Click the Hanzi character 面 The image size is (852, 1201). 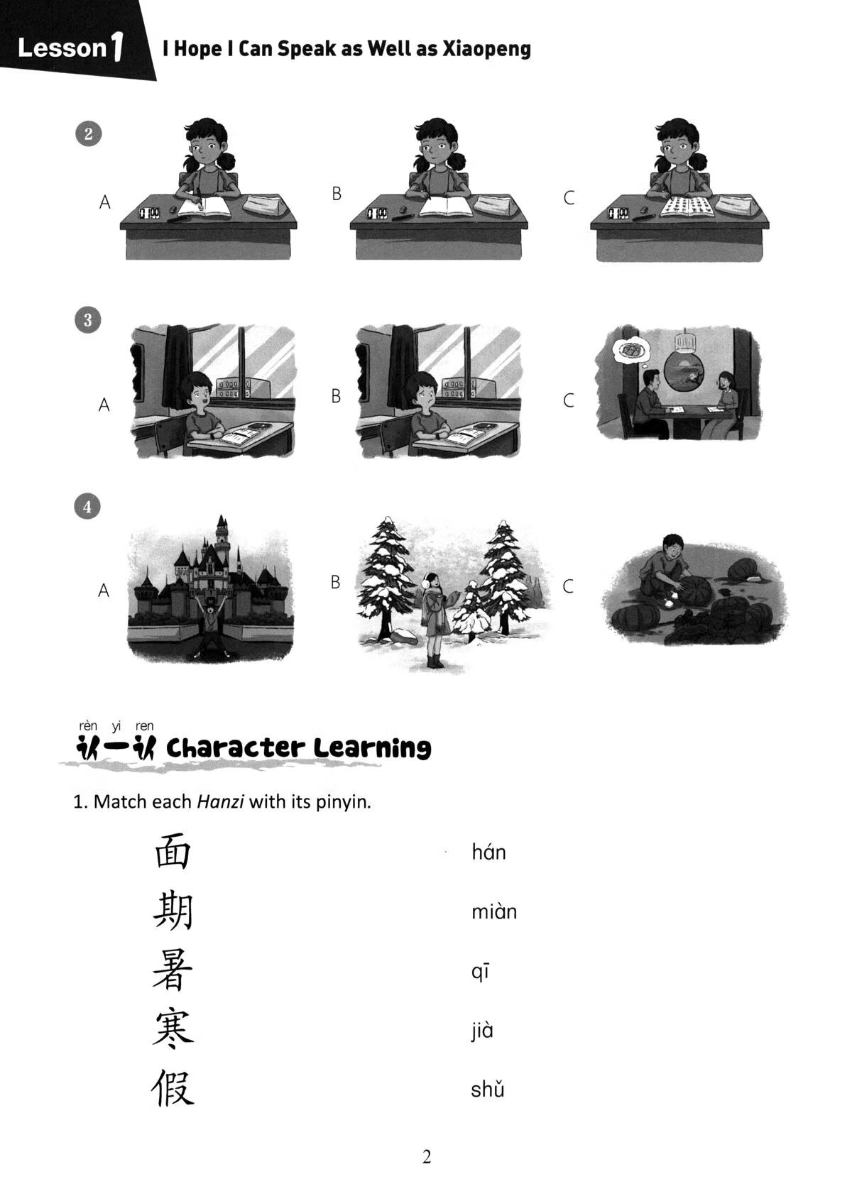(173, 852)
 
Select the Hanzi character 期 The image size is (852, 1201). (173, 911)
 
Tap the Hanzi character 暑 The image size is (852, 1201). (173, 971)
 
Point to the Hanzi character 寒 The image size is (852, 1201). (173, 1030)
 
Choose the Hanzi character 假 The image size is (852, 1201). (173, 1089)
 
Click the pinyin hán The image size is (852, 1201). (488, 852)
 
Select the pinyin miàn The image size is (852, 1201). (494, 911)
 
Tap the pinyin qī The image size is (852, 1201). (480, 972)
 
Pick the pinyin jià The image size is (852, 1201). (481, 1030)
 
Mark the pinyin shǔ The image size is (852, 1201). (487, 1090)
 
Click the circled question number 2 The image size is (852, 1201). (88, 134)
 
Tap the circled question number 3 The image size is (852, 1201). (88, 320)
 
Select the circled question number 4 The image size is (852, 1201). (88, 507)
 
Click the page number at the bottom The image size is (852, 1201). (427, 1157)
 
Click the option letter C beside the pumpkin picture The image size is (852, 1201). (568, 586)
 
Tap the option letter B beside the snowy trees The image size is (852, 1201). (336, 582)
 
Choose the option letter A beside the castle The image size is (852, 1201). (104, 591)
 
